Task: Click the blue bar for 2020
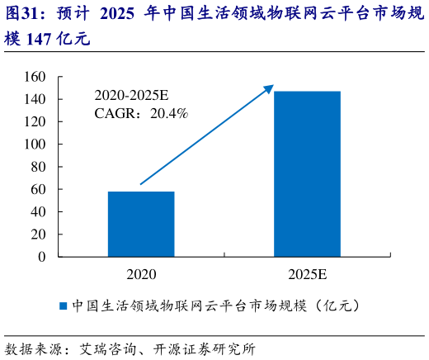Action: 141,224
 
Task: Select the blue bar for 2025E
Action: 307,173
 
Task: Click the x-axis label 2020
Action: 141,273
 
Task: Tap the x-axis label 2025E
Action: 307,273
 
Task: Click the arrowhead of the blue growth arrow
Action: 268,88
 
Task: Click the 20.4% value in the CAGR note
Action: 169,113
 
